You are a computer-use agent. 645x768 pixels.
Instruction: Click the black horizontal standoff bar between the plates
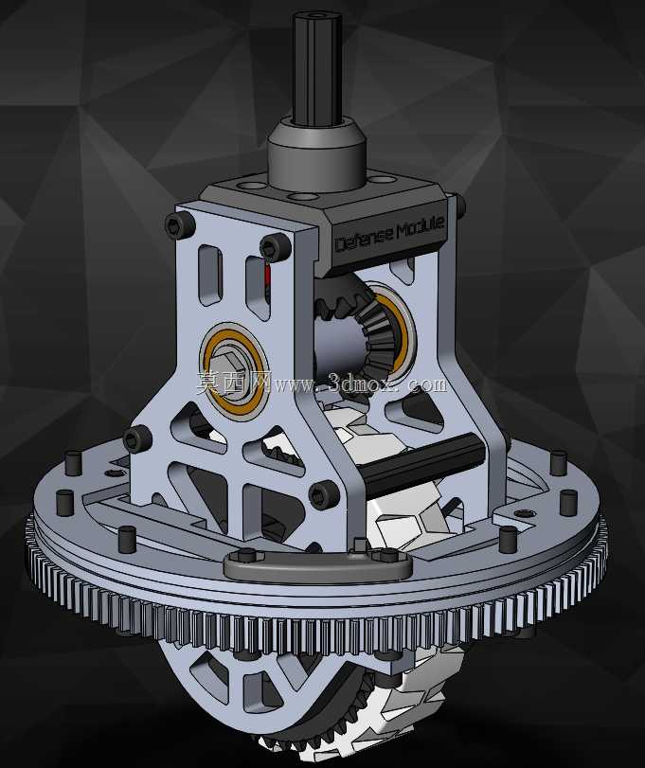(x=422, y=462)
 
